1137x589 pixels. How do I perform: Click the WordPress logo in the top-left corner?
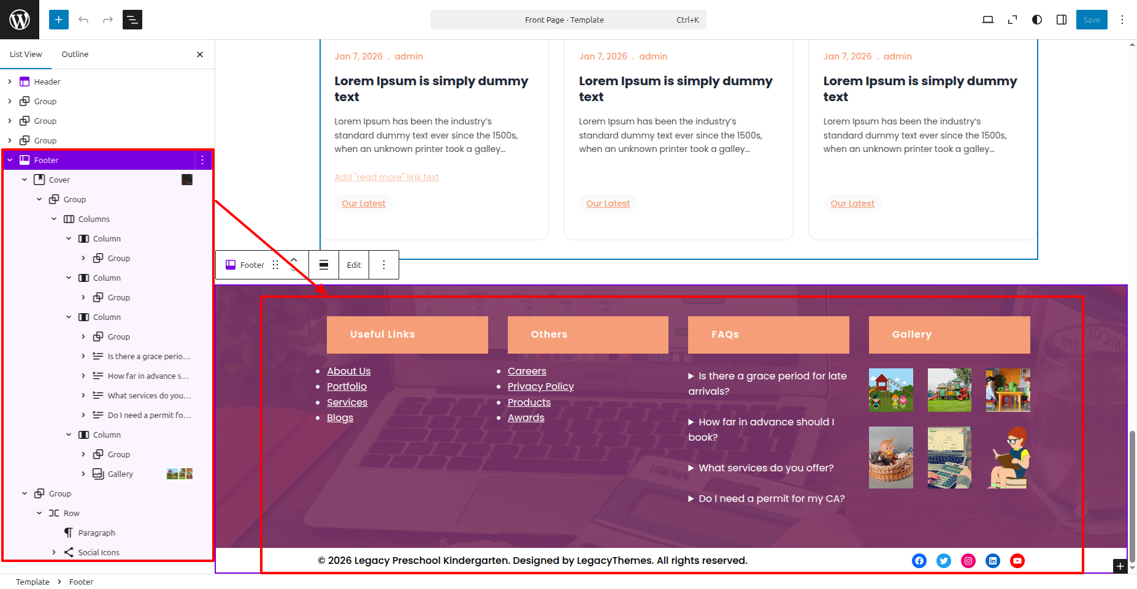coord(20,20)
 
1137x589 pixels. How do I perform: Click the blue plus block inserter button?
coord(59,20)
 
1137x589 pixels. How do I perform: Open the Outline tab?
coord(75,54)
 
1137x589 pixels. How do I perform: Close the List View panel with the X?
coord(200,55)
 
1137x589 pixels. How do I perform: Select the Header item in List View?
coord(47,82)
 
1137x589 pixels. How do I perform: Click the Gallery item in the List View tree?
coord(120,474)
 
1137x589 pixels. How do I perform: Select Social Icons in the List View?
coord(99,552)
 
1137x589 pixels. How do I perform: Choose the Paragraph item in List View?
coord(97,533)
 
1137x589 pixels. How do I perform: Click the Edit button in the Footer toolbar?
coord(354,265)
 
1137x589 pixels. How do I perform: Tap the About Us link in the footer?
coord(349,371)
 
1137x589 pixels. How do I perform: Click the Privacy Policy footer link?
coord(541,386)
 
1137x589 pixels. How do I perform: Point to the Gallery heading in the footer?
coord(912,334)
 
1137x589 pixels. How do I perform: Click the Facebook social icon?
coord(919,561)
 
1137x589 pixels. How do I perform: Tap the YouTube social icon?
coord(1017,561)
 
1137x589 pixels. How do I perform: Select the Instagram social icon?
coord(968,561)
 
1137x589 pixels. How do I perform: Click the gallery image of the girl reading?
coord(1008,457)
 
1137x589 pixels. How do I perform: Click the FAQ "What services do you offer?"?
coord(766,468)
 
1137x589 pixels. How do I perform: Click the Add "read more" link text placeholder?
coord(387,177)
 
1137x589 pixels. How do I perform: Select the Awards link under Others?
coord(526,417)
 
